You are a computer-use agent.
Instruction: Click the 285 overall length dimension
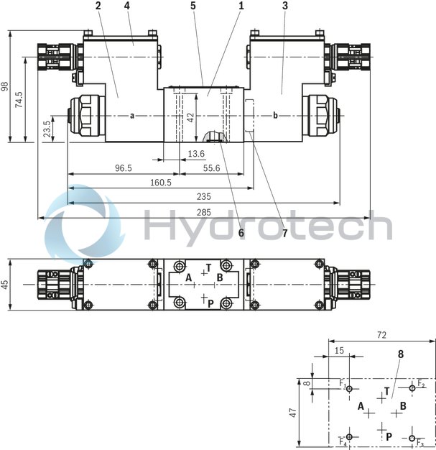(203, 211)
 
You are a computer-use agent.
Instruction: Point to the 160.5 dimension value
(161, 183)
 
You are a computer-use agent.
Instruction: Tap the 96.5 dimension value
(124, 168)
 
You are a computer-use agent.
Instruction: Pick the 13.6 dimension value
(195, 154)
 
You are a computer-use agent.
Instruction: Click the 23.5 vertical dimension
(47, 129)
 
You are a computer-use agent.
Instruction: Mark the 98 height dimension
(6, 86)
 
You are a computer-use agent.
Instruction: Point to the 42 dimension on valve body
(190, 117)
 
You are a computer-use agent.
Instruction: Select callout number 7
(284, 233)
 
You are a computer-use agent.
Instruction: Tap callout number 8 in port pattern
(400, 354)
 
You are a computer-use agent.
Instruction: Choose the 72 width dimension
(382, 335)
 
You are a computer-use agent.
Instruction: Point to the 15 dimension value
(339, 350)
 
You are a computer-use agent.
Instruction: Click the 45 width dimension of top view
(6, 284)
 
